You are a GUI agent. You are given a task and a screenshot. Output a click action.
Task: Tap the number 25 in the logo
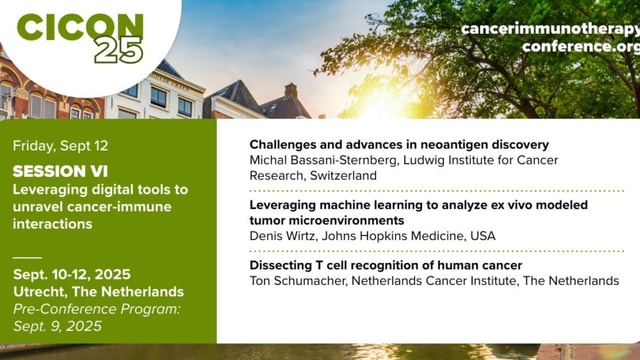[x=119, y=51]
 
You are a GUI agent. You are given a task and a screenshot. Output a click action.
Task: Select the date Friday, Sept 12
[x=62, y=145]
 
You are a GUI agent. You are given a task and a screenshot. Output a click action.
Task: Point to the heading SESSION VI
[x=61, y=171]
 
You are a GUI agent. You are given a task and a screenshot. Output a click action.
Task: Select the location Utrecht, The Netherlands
[x=98, y=291]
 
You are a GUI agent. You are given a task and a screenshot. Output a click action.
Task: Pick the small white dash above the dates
[x=27, y=257]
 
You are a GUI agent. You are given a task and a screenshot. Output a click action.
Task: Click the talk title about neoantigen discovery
[x=399, y=145]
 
